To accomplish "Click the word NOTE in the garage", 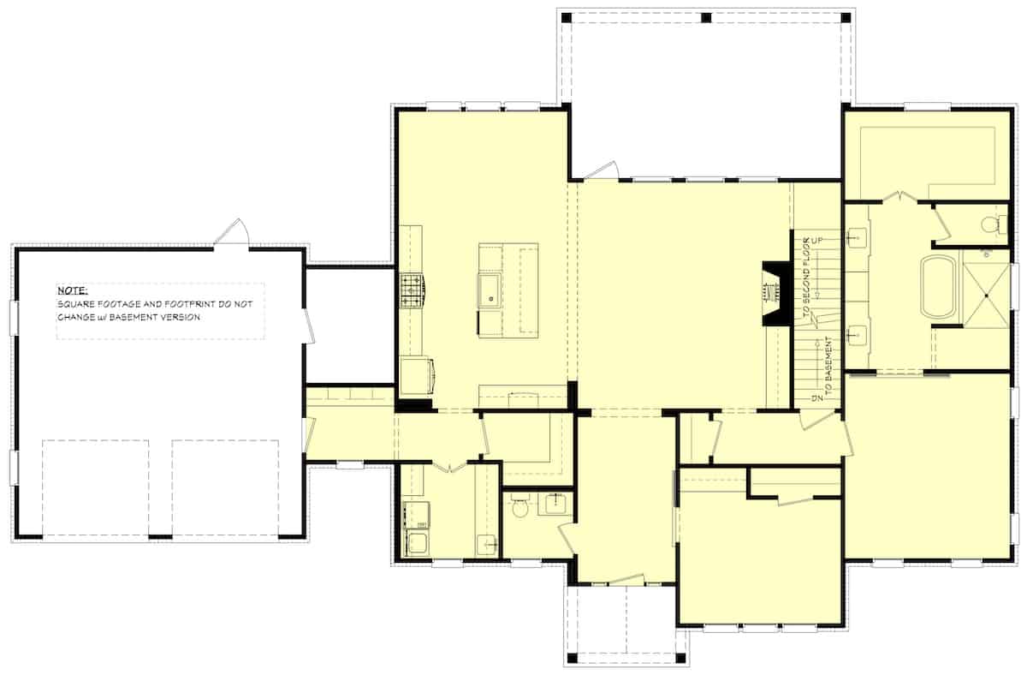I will click(x=72, y=291).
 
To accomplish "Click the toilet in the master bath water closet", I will click(x=991, y=224).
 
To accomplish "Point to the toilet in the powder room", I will click(x=518, y=508).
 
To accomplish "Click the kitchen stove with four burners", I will click(x=412, y=290).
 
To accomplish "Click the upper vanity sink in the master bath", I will click(x=858, y=235).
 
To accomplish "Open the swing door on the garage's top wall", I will click(x=232, y=233).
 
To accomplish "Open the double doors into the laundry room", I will click(x=449, y=466).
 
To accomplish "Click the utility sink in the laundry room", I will click(x=486, y=543).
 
